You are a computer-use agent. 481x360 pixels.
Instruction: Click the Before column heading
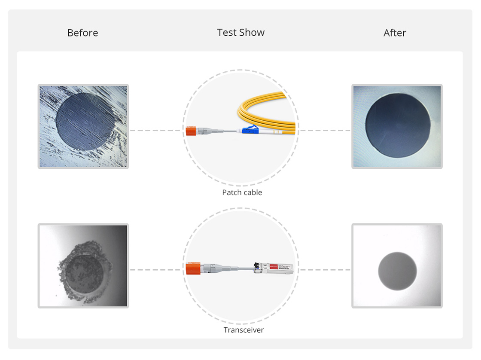coord(82,33)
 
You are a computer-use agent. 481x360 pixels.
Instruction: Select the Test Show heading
coord(241,33)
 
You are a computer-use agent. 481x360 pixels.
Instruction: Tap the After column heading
coord(395,33)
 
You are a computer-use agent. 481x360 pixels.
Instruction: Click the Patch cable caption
coord(242,192)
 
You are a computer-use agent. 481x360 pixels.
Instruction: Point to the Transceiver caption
coord(244,330)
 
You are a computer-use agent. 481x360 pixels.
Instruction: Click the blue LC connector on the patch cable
coord(250,130)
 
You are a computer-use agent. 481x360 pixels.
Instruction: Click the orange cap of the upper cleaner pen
coord(191,131)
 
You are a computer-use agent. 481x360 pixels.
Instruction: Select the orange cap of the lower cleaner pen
coord(193,268)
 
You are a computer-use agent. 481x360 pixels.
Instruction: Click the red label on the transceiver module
coord(274,267)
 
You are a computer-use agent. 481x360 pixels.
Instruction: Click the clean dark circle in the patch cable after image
coord(398,125)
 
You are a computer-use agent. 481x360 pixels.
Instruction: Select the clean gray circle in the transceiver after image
coord(397,272)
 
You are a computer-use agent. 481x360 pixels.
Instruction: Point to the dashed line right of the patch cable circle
coord(325,131)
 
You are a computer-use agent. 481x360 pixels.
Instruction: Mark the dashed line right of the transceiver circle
coord(325,270)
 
